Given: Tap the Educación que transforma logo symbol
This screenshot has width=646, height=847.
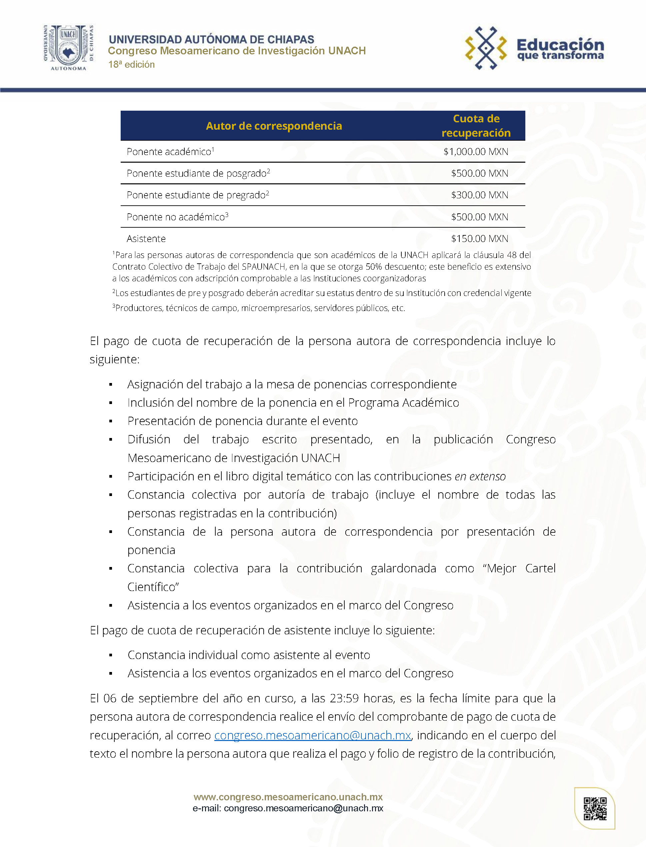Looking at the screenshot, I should point(486,48).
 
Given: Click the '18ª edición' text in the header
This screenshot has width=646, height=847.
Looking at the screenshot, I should point(132,65).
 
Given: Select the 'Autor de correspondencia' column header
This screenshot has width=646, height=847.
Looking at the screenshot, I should point(274,126).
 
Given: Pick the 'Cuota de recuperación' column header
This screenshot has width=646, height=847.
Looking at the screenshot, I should point(476,126).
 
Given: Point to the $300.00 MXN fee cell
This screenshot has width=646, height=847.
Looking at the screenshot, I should point(480,195).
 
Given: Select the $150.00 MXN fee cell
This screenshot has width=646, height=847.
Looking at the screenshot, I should point(480,239).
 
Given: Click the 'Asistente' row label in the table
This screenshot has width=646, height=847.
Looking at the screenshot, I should point(146,239).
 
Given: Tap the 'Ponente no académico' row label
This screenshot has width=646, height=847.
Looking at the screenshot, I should point(176,217).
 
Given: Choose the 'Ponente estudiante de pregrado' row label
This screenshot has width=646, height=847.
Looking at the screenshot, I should point(196,195).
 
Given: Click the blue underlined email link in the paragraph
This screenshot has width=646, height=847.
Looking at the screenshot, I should point(313,735).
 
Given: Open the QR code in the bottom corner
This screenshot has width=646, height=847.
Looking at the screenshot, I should point(595,809).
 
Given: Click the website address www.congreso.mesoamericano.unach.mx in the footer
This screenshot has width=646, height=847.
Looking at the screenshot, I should point(288,797).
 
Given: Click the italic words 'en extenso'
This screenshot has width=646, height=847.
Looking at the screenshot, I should point(480,476).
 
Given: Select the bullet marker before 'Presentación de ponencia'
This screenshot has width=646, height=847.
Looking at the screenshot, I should point(111,421).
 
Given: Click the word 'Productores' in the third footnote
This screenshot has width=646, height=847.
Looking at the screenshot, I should point(139,308).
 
